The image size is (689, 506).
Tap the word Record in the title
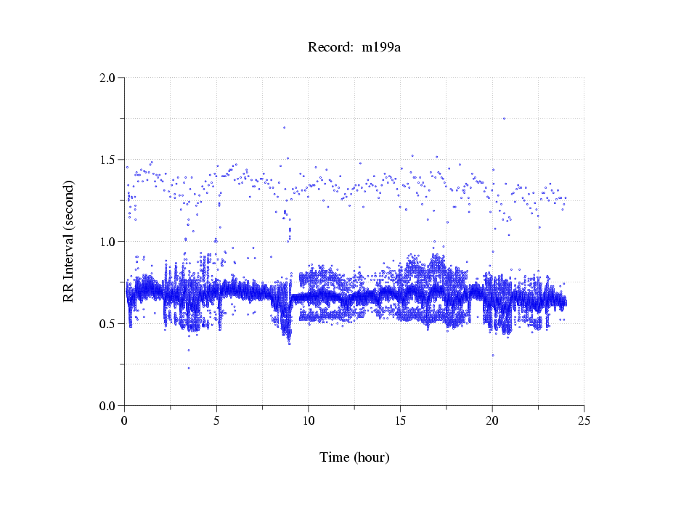coord(327,48)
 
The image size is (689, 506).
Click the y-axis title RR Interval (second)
coord(68,242)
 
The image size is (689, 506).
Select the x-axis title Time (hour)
coord(354,457)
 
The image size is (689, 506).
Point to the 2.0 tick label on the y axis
coord(107,78)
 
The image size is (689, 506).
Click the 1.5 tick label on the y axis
coord(107,160)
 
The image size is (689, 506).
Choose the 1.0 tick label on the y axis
coord(107,242)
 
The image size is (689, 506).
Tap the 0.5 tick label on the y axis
coord(107,324)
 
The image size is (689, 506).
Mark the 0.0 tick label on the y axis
coord(107,406)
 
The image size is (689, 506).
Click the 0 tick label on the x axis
coord(125,420)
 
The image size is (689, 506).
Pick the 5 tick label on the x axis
coord(216,420)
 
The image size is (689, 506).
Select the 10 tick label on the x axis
coord(309,420)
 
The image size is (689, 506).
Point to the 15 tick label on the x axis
coord(401,420)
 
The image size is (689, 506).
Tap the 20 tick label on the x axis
coord(492,420)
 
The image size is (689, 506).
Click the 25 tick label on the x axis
coord(584,420)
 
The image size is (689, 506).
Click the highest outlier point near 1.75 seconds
coord(504,118)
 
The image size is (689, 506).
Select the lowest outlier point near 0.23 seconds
coord(189,368)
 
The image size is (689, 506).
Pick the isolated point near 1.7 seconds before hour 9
coord(284,128)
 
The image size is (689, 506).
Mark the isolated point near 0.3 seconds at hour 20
coord(493,356)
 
